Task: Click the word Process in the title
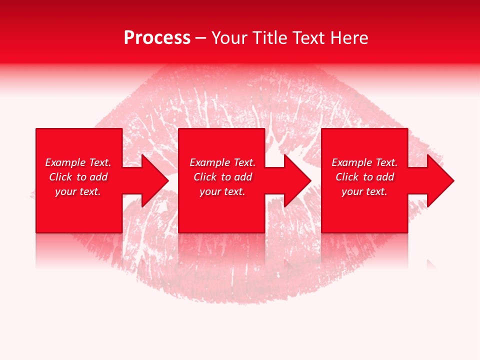point(157,38)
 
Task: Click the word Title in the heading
point(269,38)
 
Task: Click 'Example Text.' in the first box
point(78,162)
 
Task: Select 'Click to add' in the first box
point(78,177)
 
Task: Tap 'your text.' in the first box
point(78,191)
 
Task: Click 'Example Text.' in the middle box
point(222,162)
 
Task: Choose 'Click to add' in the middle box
point(222,177)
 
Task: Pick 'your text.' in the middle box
point(222,191)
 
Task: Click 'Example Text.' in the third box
point(364,162)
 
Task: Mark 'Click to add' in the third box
point(364,177)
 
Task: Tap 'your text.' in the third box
point(364,191)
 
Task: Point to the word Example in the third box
point(351,162)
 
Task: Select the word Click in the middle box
point(205,177)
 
